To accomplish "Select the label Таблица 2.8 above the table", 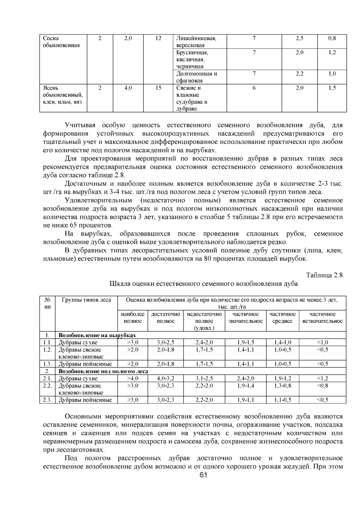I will (x=324, y=275).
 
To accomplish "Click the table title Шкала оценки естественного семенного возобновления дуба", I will (x=204, y=284).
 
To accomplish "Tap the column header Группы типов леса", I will (x=86, y=300).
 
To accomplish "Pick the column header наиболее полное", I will (x=133, y=318).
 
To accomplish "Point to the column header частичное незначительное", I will (x=322, y=318).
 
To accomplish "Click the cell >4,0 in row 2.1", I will (x=133, y=379).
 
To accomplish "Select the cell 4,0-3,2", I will (x=165, y=379).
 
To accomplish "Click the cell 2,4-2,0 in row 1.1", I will (x=204, y=343).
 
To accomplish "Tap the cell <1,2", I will (x=322, y=379).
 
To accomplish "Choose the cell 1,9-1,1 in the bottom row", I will (x=245, y=400).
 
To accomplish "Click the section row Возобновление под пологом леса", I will (x=103, y=371).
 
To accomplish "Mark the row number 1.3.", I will (x=47, y=364).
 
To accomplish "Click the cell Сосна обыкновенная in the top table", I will (x=61, y=42).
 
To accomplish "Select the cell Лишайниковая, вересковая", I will (x=196, y=42).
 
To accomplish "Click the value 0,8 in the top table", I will (x=332, y=38).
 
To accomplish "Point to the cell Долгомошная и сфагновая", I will (x=196, y=77).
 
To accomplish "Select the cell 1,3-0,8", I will (x=283, y=386).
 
